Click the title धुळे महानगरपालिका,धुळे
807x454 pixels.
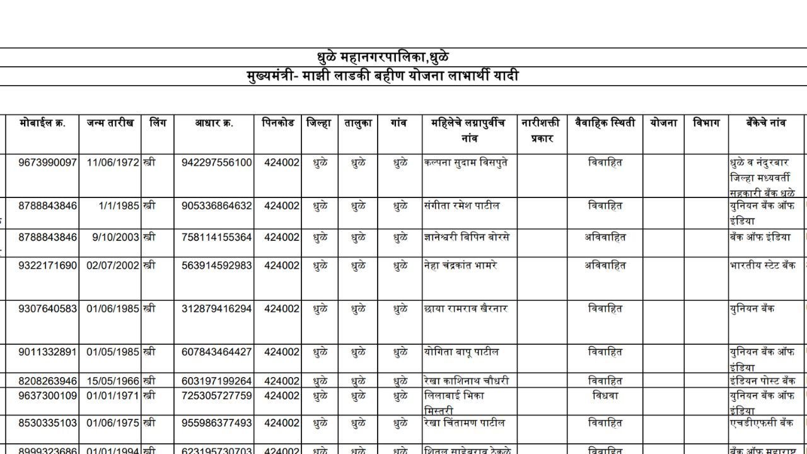tap(383, 57)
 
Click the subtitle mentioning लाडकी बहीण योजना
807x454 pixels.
tap(383, 76)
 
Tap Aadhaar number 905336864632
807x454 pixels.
tap(216, 206)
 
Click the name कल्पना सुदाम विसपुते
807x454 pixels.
tap(466, 163)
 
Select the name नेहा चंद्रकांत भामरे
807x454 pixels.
tap(461, 265)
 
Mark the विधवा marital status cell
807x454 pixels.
tap(605, 396)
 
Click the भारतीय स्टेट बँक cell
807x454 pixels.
tap(762, 265)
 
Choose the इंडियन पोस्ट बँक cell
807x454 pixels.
tap(762, 381)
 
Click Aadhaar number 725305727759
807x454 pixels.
tap(216, 396)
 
